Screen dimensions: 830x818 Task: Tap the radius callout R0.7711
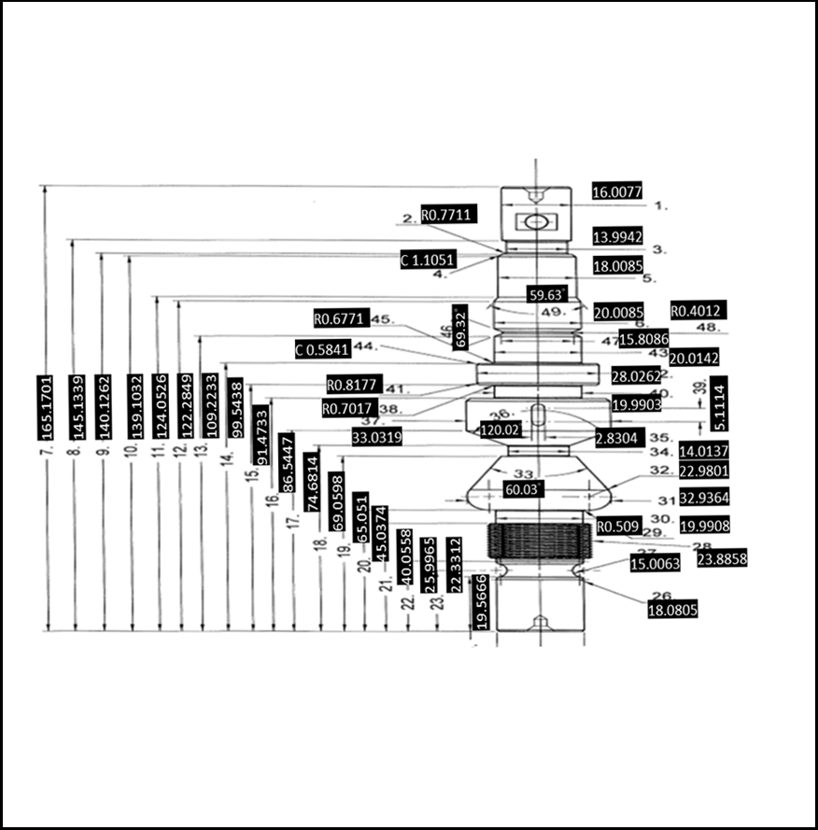click(449, 215)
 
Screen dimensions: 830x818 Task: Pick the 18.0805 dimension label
click(671, 609)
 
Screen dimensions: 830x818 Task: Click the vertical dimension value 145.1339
click(77, 407)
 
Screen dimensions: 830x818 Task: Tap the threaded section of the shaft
click(536, 541)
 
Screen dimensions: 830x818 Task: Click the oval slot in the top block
click(536, 222)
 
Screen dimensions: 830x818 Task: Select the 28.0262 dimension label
click(637, 376)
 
